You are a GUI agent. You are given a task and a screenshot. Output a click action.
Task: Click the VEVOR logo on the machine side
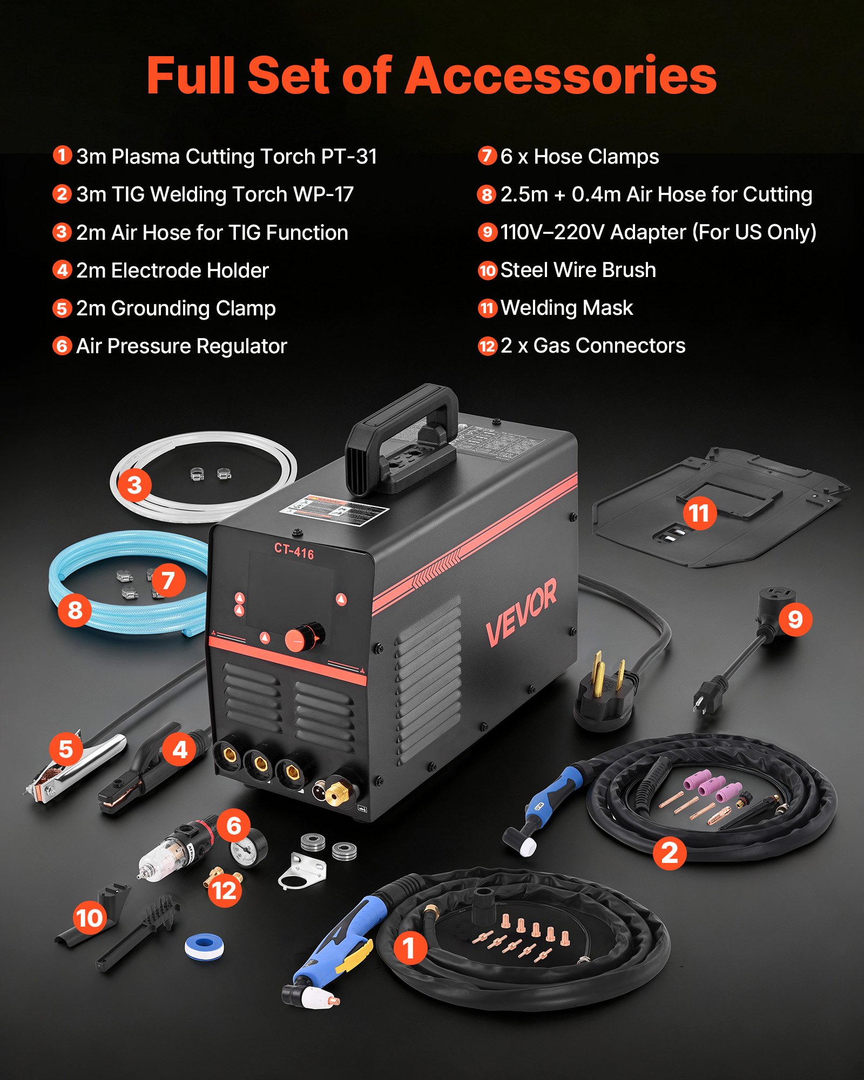521,613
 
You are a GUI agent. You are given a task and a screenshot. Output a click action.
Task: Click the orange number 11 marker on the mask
699,513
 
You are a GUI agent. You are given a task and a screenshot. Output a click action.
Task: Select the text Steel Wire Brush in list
578,270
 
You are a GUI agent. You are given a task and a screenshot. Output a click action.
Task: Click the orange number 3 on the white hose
134,484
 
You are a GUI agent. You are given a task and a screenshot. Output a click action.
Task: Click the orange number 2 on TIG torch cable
669,853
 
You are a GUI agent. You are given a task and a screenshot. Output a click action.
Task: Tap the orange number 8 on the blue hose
75,610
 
